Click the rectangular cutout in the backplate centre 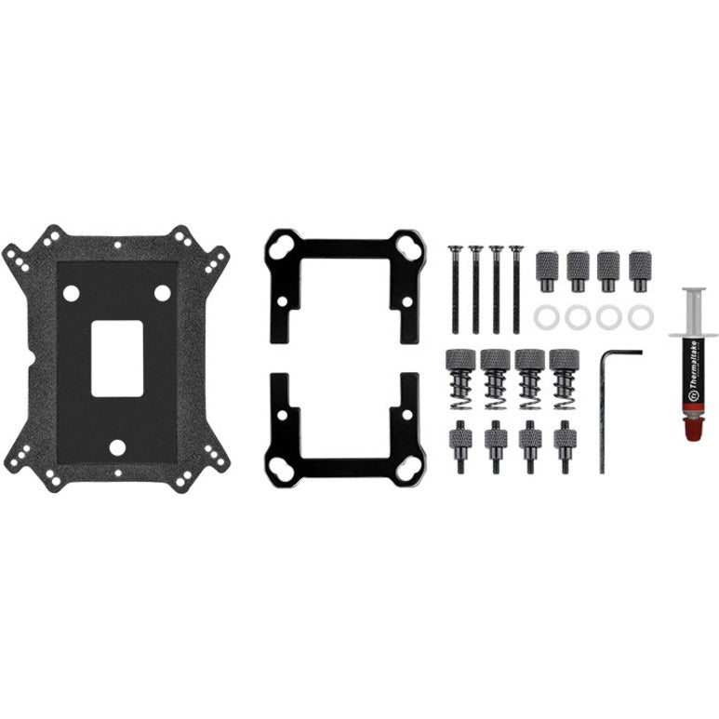[x=117, y=358]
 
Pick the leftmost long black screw [x=455, y=288]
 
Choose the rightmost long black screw [x=516, y=288]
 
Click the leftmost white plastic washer [x=546, y=316]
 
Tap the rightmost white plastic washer [x=640, y=316]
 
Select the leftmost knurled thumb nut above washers [x=547, y=271]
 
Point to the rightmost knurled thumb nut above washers [x=639, y=271]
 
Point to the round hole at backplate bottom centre [x=117, y=446]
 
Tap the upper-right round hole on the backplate [x=162, y=293]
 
